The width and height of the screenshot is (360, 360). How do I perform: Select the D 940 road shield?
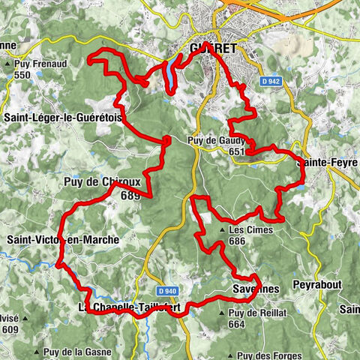click(169, 290)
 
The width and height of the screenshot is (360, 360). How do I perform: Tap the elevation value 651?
click(238, 151)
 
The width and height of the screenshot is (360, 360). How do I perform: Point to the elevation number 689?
click(130, 195)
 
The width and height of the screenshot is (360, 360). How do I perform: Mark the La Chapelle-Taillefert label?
click(129, 307)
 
